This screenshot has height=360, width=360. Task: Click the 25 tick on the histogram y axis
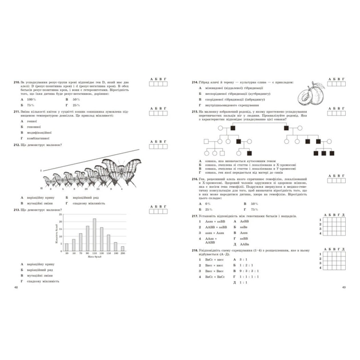click(62, 218)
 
